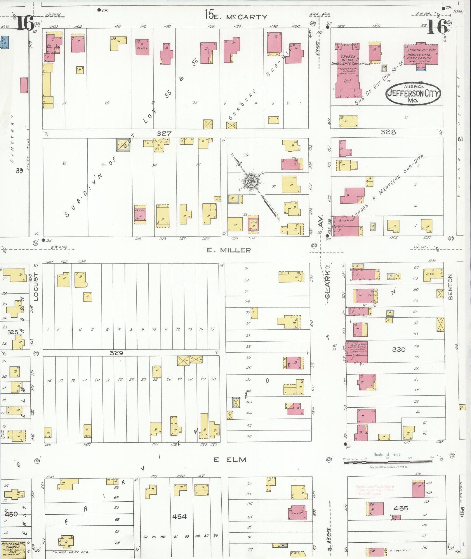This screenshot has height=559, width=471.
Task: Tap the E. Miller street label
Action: pyautogui.click(x=229, y=250)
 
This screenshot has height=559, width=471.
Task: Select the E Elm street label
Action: pyautogui.click(x=230, y=460)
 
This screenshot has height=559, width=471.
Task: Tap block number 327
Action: pyautogui.click(x=164, y=133)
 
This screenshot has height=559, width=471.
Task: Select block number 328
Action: pyautogui.click(x=388, y=132)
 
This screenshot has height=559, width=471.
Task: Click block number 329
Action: pyautogui.click(x=116, y=353)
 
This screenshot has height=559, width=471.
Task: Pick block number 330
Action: pyautogui.click(x=399, y=349)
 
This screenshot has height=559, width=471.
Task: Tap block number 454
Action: pyautogui.click(x=179, y=516)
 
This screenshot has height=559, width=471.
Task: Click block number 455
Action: pyautogui.click(x=401, y=508)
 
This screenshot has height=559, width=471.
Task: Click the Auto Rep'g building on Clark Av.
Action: pyautogui.click(x=357, y=352)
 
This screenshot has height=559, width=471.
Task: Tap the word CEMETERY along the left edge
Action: pyautogui.click(x=12, y=139)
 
